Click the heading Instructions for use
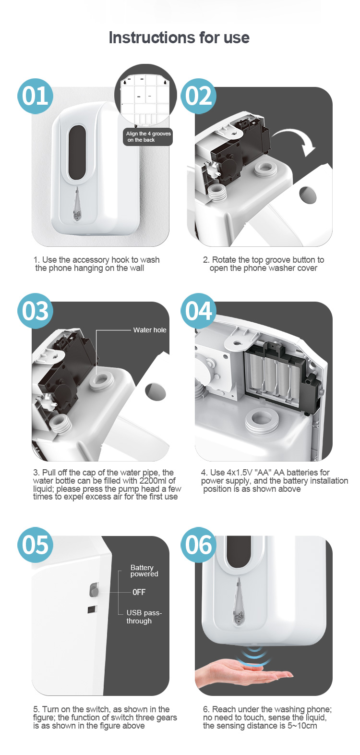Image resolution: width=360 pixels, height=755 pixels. [x=179, y=37]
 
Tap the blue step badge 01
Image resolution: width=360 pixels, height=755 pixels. [x=36, y=96]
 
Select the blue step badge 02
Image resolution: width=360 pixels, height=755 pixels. [x=198, y=96]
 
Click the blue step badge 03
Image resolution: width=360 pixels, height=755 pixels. [x=36, y=311]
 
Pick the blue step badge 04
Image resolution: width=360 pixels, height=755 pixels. [x=198, y=311]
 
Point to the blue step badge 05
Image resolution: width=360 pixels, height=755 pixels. [x=36, y=545]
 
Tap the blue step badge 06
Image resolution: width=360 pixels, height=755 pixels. [x=198, y=545]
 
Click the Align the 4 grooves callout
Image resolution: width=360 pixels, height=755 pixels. [x=148, y=137]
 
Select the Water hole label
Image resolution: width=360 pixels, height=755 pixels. [x=150, y=330]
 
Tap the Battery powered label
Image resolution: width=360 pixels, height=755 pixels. [x=144, y=571]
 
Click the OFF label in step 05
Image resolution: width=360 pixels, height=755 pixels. [x=139, y=592]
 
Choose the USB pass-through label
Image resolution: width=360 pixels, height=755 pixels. [x=144, y=617]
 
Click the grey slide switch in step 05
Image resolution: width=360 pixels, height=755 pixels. [x=94, y=590]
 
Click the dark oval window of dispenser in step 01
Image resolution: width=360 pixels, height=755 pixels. [x=77, y=152]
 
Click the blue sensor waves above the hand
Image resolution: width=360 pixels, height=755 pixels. [x=253, y=655]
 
